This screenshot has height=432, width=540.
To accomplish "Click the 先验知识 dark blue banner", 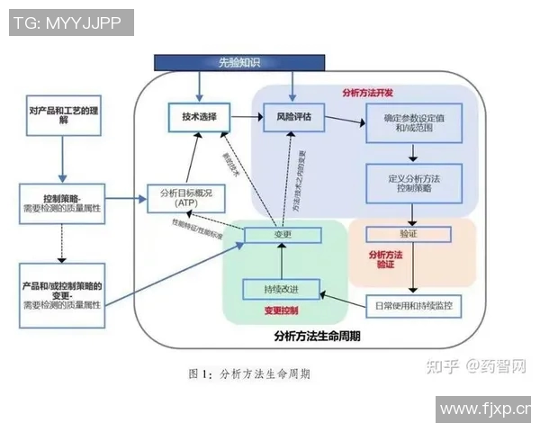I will point(238,62).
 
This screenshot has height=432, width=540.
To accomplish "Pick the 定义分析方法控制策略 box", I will point(413,184).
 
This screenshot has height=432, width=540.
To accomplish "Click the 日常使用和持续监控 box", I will point(413,305).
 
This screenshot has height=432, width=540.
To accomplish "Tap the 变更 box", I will point(282,234).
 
